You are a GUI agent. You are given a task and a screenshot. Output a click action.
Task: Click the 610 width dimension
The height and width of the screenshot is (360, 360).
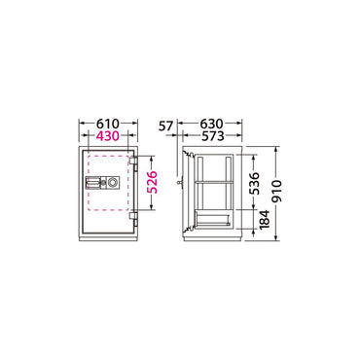108,124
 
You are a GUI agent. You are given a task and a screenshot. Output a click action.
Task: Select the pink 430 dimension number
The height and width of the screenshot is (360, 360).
108,136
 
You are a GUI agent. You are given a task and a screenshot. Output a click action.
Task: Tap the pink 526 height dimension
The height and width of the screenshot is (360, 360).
153,182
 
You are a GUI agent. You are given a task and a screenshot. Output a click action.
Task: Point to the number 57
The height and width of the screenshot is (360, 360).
166,126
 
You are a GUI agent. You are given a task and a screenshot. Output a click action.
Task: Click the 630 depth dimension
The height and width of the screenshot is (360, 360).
212,124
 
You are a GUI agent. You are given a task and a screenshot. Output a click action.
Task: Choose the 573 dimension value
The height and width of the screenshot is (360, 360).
212,136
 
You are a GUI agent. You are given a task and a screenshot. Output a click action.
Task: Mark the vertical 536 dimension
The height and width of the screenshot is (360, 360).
255,183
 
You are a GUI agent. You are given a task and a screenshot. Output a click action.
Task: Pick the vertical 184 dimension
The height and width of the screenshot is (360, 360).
265,220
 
